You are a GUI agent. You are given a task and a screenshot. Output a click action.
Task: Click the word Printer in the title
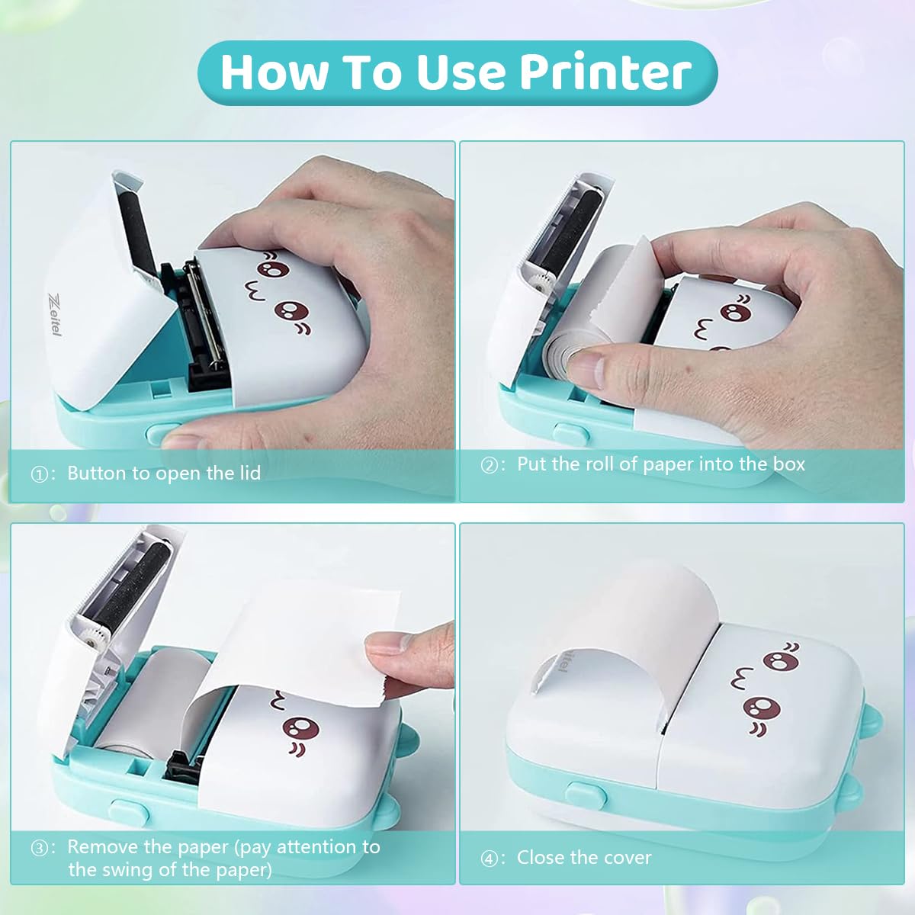click(605, 72)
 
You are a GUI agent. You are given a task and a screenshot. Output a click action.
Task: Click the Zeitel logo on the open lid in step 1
click(54, 313)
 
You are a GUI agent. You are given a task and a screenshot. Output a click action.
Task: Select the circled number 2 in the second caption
click(490, 466)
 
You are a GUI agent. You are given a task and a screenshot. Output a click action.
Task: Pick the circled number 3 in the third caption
click(40, 849)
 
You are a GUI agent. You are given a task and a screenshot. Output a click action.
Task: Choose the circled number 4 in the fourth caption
click(490, 859)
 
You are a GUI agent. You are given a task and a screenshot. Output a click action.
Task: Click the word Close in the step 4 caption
click(541, 858)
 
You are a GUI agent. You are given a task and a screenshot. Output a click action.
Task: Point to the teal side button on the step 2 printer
click(571, 434)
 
